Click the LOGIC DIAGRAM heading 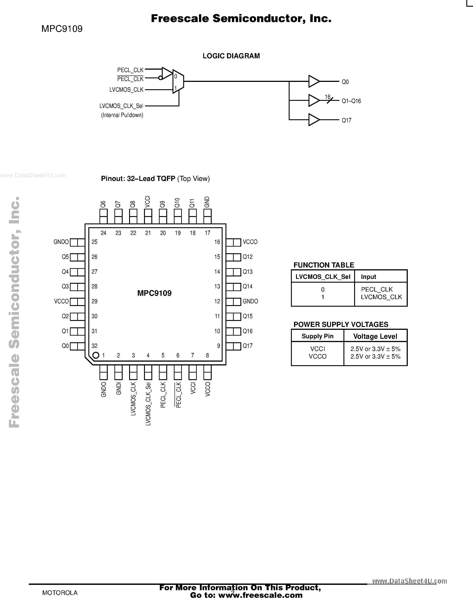pos(231,56)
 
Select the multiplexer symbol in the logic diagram pos(178,81)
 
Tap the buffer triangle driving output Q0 pos(314,81)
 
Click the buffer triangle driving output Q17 pos(314,120)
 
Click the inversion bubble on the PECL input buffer pos(160,78)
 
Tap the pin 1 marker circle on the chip pos(96,355)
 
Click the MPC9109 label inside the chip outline pos(154,293)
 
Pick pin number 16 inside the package pos(217,242)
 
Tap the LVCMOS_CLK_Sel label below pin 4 pos(148,404)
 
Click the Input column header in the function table pos(368,277)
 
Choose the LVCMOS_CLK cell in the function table pos(381,297)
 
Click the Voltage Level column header pos(375,336)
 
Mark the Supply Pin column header pos(317,336)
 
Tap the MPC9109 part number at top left pos(62,29)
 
